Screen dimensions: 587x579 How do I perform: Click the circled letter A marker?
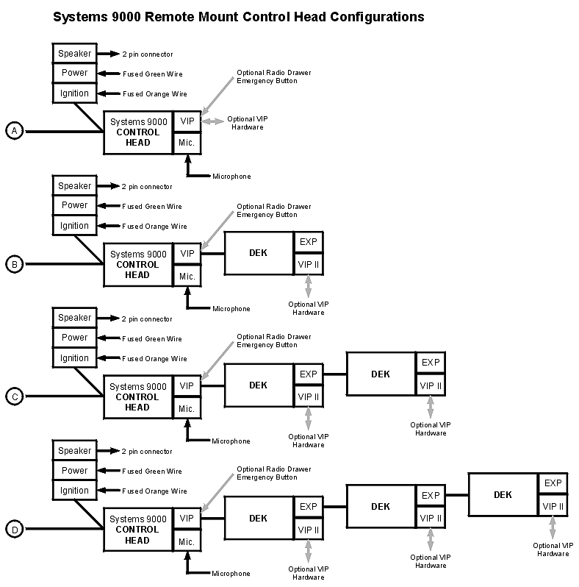coord(14,131)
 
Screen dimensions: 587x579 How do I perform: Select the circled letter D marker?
coord(14,529)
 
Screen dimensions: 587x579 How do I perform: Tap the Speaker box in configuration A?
coord(74,54)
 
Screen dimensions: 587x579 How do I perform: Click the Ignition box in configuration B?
coord(74,226)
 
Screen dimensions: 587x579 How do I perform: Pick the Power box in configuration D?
coord(74,471)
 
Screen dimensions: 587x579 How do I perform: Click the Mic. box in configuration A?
coord(187,143)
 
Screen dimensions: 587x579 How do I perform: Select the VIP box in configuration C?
coord(187,386)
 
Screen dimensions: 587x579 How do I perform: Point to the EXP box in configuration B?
coord(308,242)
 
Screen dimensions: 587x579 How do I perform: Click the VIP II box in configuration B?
coord(308,263)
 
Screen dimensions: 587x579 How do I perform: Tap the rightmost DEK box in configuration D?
coord(503,495)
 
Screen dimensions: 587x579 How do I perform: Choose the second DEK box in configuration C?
coord(381,374)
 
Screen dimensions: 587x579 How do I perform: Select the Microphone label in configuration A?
coord(231,177)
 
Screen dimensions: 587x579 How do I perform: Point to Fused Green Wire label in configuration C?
coord(152,339)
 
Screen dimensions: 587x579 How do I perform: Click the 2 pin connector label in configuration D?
coord(147,452)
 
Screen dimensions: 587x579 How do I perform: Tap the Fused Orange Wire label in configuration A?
coord(154,94)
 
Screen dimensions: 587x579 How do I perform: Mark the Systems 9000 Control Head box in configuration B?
coord(138,265)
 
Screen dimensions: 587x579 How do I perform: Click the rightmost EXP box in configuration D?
coord(553,483)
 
